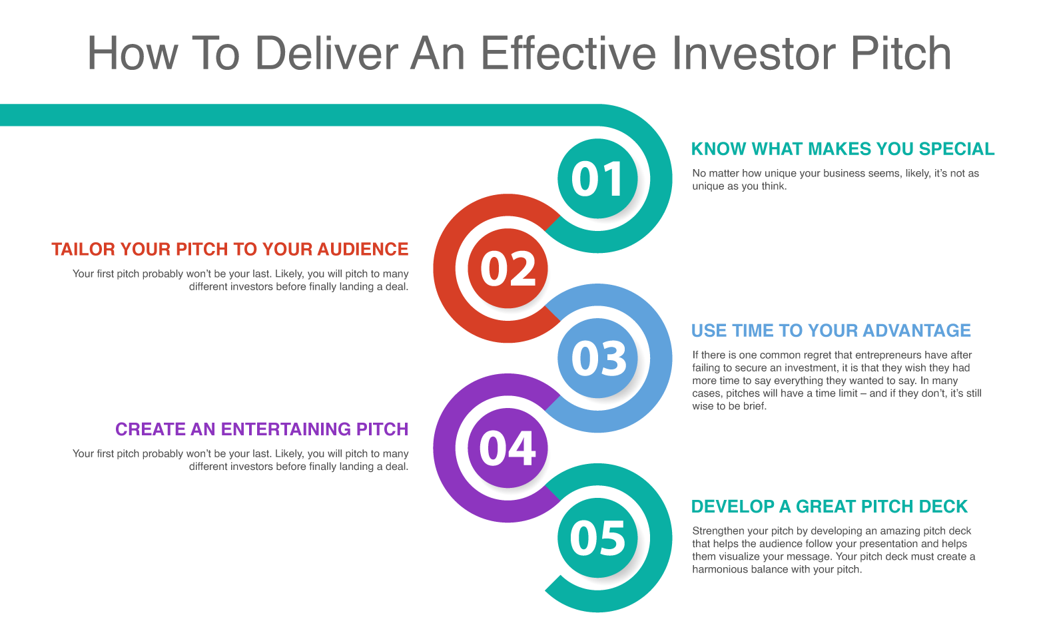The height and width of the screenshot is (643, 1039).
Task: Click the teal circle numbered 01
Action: pyautogui.click(x=597, y=178)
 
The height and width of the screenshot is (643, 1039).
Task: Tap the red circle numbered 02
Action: pyautogui.click(x=508, y=268)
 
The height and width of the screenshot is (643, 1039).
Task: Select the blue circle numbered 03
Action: pyautogui.click(x=597, y=358)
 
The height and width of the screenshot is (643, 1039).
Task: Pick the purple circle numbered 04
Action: pyautogui.click(x=508, y=448)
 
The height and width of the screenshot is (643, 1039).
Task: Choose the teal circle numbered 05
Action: pyautogui.click(x=597, y=538)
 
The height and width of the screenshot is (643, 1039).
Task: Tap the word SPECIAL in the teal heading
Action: pyautogui.click(x=956, y=149)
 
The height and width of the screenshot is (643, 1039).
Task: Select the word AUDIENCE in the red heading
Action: pyautogui.click(x=363, y=250)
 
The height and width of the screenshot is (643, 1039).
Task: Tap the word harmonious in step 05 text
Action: pyautogui.click(x=718, y=569)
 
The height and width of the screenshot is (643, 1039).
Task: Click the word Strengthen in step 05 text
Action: pyautogui.click(x=718, y=531)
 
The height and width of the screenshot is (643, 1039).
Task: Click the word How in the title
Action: pyautogui.click(x=133, y=53)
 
